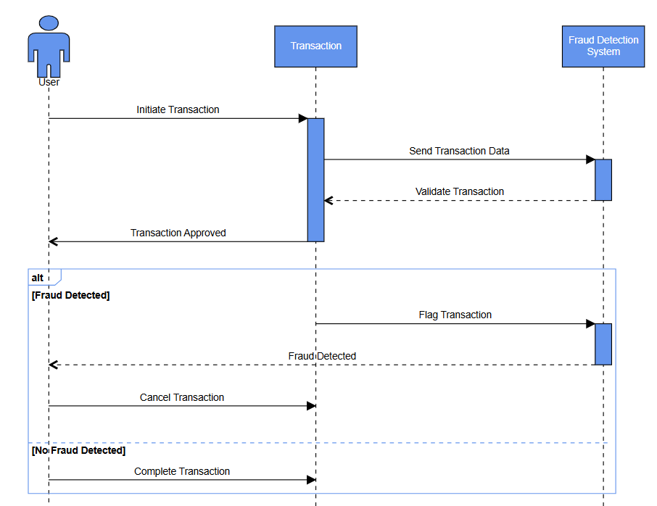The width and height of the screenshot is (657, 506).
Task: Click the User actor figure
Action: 49,45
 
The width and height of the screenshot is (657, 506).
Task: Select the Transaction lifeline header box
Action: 315,46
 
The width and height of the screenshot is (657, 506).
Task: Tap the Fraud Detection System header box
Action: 603,46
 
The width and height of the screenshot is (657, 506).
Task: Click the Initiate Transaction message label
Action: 178,109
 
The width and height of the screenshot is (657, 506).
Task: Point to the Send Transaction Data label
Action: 459,151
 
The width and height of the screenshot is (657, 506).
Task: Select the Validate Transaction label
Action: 459,191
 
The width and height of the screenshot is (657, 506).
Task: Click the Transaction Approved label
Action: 178,233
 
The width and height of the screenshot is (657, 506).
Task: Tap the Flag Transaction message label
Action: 455,315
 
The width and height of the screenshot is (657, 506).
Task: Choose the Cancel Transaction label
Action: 182,397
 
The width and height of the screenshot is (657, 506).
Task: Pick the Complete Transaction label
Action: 182,471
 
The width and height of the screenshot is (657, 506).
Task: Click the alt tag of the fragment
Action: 38,278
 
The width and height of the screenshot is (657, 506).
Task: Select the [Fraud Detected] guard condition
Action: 70,295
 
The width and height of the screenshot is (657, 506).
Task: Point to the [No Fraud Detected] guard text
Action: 78,450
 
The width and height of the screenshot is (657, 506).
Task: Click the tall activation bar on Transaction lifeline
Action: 315,180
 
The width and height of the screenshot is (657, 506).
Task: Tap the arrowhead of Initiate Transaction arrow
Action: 303,118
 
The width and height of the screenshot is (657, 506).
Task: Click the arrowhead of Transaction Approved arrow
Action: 53,241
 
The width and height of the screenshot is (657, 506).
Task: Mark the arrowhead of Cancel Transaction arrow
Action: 312,406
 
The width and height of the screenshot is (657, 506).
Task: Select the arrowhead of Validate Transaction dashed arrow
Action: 328,200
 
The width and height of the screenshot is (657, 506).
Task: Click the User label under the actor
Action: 49,82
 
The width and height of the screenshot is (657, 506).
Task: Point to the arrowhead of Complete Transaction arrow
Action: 312,480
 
